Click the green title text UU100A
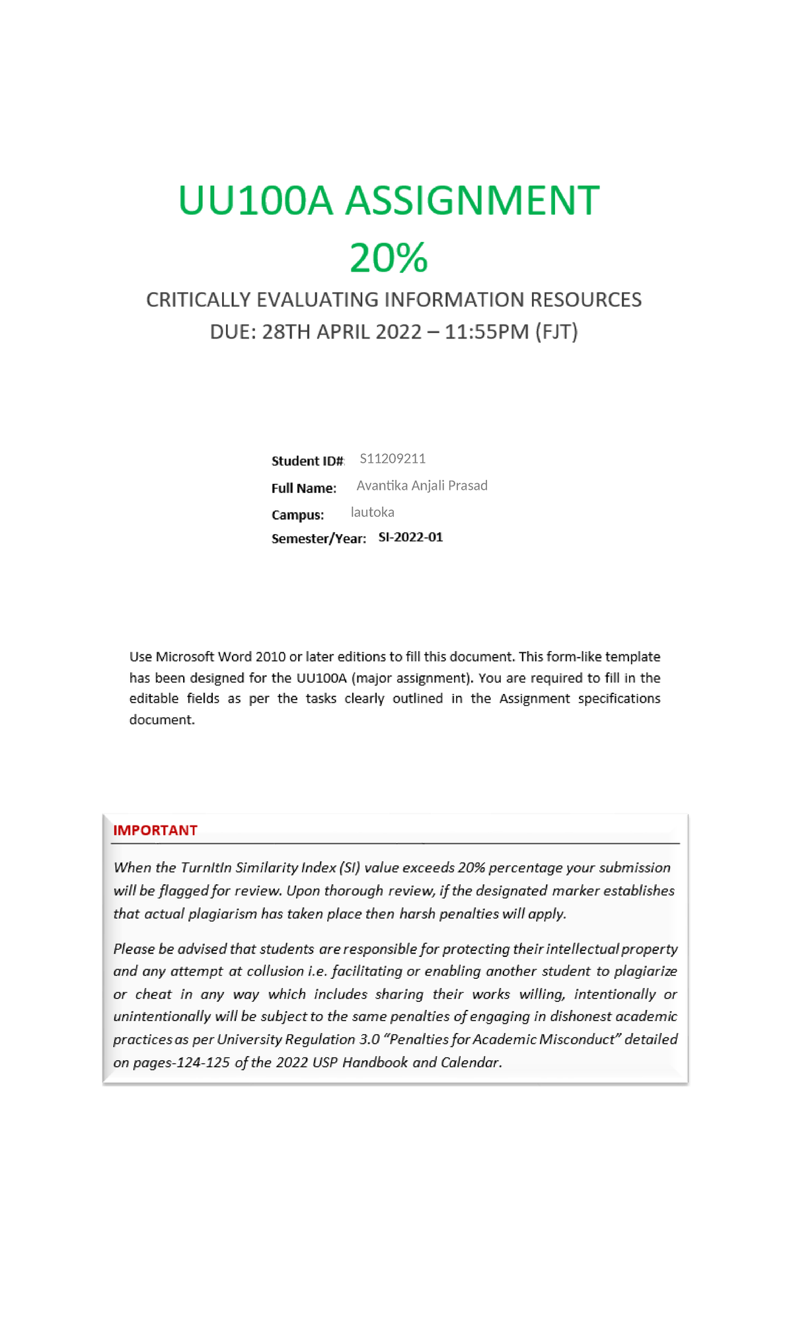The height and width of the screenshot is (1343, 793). (x=255, y=200)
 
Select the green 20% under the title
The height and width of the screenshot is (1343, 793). (x=389, y=258)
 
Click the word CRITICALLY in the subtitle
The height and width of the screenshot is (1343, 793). (x=198, y=300)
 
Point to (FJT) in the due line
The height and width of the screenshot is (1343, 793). (x=556, y=331)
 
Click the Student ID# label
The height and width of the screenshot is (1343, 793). (x=307, y=461)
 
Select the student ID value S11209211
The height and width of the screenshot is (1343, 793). (x=393, y=458)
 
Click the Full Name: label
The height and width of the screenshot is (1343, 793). (x=303, y=488)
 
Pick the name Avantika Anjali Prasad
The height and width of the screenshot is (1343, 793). (x=422, y=485)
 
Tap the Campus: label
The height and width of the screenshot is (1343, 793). (x=297, y=515)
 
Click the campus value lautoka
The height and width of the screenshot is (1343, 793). (x=372, y=512)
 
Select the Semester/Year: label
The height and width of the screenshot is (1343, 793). (x=319, y=539)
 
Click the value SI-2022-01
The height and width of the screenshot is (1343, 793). (x=410, y=537)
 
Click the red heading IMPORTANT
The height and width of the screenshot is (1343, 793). (x=155, y=830)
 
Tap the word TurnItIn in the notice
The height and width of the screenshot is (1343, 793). (x=206, y=867)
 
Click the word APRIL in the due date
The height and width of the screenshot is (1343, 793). (x=344, y=331)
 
